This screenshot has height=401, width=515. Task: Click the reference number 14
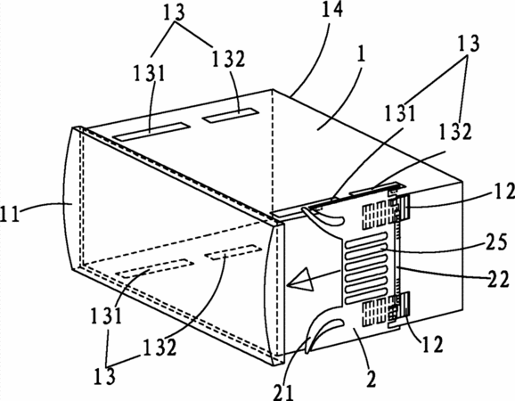pos(332,9)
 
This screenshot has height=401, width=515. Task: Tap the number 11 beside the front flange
pos(10,214)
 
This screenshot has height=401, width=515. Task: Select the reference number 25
pos(496,242)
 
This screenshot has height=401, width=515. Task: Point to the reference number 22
pos(498,280)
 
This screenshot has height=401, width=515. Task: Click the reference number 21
pos(283,392)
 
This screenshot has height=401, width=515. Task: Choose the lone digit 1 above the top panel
pos(361,54)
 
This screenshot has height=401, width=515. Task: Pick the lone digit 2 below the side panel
pos(372,379)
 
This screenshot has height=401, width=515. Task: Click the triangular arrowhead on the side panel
pos(300,280)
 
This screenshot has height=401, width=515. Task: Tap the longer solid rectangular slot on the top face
pos(151,132)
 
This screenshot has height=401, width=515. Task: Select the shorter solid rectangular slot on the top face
pos(230,115)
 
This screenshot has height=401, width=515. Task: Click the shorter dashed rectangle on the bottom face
pos(233,252)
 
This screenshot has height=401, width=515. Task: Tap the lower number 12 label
pos(432,344)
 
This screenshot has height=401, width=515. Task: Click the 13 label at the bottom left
pos(104,375)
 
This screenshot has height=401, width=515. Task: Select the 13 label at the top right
pos(469,44)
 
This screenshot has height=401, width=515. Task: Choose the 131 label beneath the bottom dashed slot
pos(106,315)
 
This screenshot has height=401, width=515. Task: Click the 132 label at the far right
pos(455,131)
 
